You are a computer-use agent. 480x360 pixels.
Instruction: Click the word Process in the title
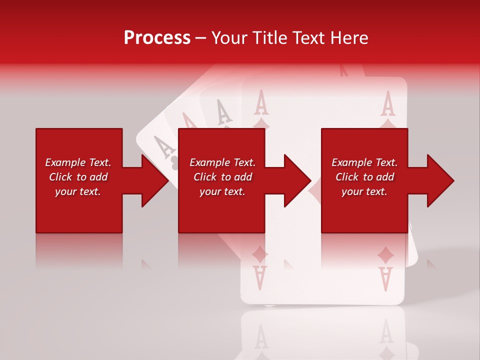(x=157, y=37)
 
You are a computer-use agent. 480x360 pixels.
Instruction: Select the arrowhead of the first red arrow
(x=155, y=180)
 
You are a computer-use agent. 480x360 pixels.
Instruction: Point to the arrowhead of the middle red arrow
(x=297, y=180)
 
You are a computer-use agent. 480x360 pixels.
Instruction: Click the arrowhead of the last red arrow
(x=440, y=180)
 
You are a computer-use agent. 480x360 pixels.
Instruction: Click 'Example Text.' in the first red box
(x=78, y=162)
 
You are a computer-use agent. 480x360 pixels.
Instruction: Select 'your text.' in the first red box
(x=78, y=191)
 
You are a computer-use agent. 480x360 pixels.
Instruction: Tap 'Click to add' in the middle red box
(x=222, y=177)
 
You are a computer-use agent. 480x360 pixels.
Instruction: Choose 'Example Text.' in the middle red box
(x=222, y=162)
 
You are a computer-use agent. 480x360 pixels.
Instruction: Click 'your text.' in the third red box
(x=364, y=191)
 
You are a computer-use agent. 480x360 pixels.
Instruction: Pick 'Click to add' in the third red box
(x=364, y=177)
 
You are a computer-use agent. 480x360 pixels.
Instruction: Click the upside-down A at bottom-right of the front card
(x=385, y=278)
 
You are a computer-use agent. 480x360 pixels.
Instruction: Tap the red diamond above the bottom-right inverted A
(x=385, y=256)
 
